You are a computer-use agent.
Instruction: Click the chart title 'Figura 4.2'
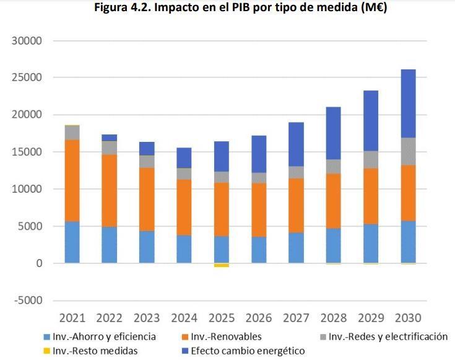tap(228, 8)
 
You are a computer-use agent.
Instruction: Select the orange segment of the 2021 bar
tap(72, 180)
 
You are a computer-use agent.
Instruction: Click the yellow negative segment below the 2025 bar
tap(221, 265)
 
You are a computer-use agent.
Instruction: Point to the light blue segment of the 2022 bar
tap(110, 245)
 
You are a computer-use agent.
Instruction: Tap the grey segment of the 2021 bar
tap(72, 133)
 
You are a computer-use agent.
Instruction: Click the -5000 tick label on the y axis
tap(26, 301)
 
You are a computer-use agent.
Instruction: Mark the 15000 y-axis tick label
tap(26, 152)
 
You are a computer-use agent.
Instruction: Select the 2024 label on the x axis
tap(184, 318)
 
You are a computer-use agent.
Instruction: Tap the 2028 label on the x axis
tap(332, 318)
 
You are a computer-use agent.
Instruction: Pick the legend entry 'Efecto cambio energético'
tap(248, 351)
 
